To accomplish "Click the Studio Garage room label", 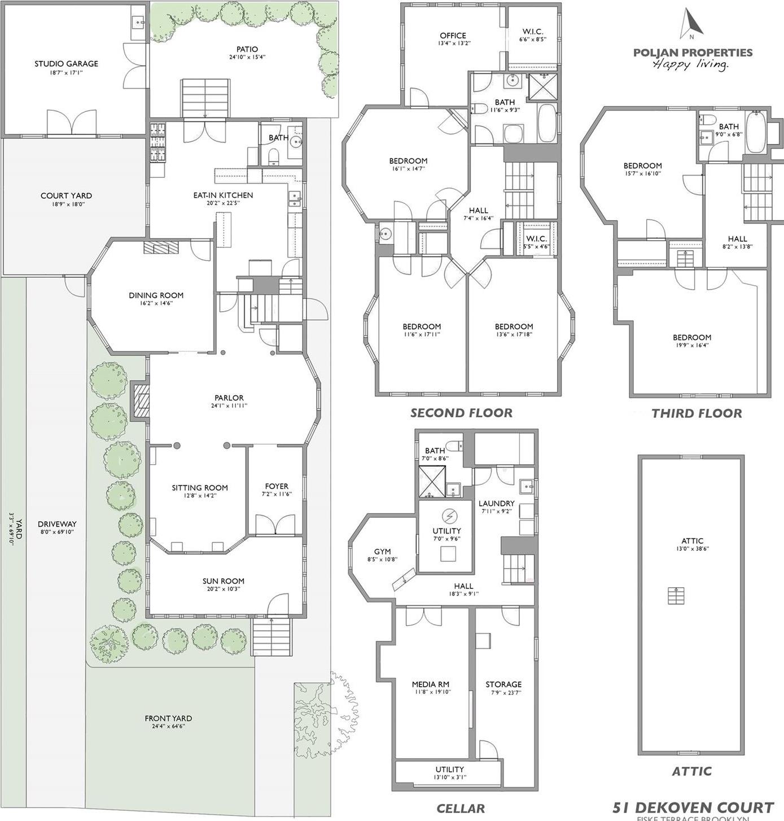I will click(x=66, y=64).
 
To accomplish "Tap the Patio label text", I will click(x=247, y=50).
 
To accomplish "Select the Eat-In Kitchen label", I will click(x=223, y=195).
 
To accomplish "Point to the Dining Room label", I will click(x=156, y=295).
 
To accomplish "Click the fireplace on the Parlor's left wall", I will click(x=139, y=401).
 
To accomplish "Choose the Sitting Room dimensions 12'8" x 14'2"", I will click(x=200, y=496).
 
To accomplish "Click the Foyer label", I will click(x=277, y=486).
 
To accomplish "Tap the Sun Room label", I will click(x=224, y=581).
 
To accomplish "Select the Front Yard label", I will click(x=168, y=718).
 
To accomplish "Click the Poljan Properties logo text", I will click(x=693, y=53).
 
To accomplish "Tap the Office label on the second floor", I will click(x=453, y=36).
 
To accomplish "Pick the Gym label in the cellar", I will click(x=382, y=552).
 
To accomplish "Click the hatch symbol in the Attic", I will click(x=676, y=596).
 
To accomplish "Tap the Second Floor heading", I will click(x=461, y=413).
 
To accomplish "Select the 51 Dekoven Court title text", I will click(x=693, y=807).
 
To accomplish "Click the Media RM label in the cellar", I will click(x=431, y=684).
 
